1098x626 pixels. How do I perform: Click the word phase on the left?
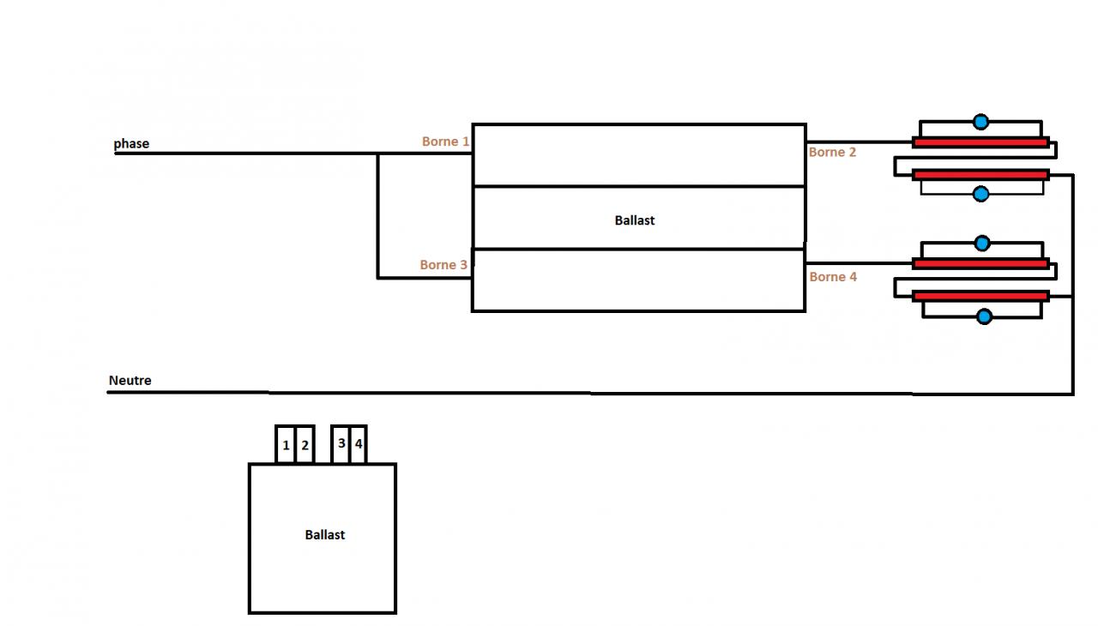click(131, 143)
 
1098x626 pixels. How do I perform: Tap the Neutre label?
click(130, 380)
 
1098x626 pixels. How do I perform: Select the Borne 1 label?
click(445, 141)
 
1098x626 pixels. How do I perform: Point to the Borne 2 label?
click(832, 152)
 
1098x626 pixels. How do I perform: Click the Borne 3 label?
click(443, 265)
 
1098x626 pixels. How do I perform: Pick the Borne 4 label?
click(833, 277)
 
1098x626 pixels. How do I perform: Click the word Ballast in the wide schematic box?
click(635, 220)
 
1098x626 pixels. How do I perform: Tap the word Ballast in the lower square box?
click(325, 534)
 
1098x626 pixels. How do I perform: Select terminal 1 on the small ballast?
click(286, 445)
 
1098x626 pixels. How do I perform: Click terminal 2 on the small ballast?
click(305, 445)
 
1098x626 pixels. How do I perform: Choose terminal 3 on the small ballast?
click(341, 443)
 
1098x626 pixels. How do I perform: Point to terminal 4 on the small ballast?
click(359, 444)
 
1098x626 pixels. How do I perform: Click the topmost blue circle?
click(981, 122)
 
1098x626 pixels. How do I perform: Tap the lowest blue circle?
click(984, 317)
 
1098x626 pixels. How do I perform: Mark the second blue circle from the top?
click(981, 195)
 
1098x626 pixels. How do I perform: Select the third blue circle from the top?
click(982, 244)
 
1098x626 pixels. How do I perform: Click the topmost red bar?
click(980, 142)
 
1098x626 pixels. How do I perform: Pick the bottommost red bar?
click(981, 296)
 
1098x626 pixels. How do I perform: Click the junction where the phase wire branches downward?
click(377, 154)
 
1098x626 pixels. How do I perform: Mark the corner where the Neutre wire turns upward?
click(1072, 393)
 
